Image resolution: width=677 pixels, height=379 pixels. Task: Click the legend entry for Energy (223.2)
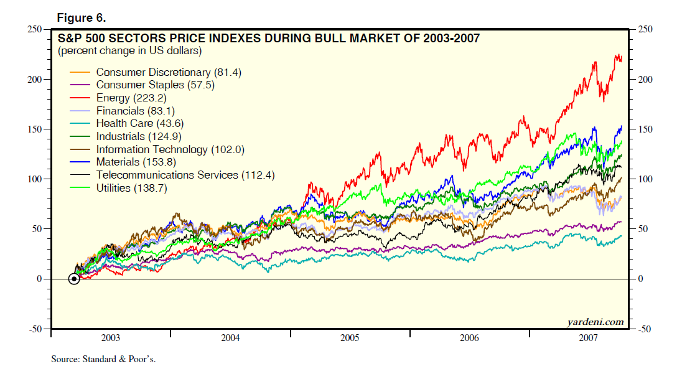131,98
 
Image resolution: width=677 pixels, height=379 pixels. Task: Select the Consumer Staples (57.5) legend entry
155,85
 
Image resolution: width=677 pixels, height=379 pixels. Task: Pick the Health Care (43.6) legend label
140,123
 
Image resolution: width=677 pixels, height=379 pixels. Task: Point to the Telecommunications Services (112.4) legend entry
185,175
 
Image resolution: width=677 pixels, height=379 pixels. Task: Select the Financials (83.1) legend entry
135,111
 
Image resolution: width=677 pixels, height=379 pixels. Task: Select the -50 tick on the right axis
643,329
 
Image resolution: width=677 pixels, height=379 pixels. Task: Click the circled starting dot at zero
74,279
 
